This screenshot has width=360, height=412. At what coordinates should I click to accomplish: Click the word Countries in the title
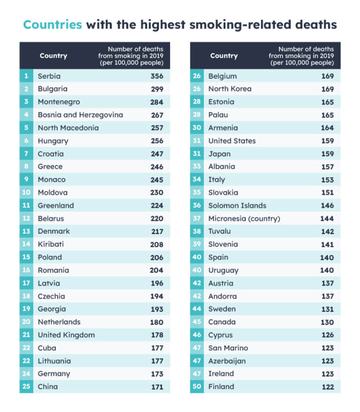(52, 24)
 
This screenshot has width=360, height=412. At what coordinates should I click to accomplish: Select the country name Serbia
(49, 76)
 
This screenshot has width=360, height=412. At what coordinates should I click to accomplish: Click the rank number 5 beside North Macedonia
(26, 128)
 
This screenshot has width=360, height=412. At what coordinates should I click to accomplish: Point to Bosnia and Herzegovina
(80, 115)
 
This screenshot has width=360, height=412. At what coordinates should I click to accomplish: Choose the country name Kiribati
(51, 244)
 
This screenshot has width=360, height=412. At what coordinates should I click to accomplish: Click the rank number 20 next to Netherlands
(26, 322)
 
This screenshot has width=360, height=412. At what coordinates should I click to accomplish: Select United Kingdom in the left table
(66, 335)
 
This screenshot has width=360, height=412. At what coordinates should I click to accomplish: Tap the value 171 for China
(157, 387)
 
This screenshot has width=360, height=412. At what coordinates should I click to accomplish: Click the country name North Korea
(230, 89)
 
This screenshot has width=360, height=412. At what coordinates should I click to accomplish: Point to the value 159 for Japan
(327, 154)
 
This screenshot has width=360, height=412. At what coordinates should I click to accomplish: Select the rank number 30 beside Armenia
(197, 128)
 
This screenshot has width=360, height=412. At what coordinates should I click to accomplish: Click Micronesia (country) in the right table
(244, 218)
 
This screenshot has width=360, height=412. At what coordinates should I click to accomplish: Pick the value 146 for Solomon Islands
(327, 206)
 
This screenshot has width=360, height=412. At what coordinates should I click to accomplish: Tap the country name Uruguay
(223, 270)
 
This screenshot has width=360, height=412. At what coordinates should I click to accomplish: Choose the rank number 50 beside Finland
(197, 387)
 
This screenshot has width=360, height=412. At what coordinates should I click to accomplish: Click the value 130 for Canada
(327, 322)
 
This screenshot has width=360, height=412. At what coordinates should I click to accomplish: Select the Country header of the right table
(224, 56)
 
